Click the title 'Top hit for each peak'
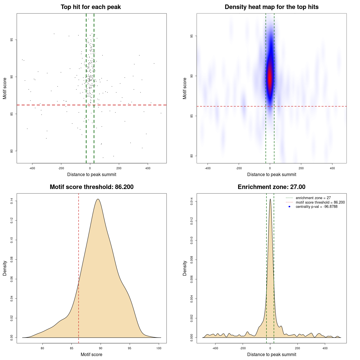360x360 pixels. pos(91,7)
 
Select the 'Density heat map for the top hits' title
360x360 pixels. pos(271,7)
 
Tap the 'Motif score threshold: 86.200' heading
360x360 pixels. pos(91,187)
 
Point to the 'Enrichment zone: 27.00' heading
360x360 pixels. pos(271,187)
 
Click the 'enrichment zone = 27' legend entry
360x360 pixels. pos(313,198)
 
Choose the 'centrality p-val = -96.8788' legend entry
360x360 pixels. pos(316,207)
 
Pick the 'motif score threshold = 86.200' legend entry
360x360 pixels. pos(320,202)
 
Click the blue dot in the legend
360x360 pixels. pos(289,207)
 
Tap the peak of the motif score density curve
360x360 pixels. pos(98,199)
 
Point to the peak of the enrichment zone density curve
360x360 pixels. pos(270,199)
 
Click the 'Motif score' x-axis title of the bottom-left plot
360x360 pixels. pos(91,354)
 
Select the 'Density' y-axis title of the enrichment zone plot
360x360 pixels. pos(185,268)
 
